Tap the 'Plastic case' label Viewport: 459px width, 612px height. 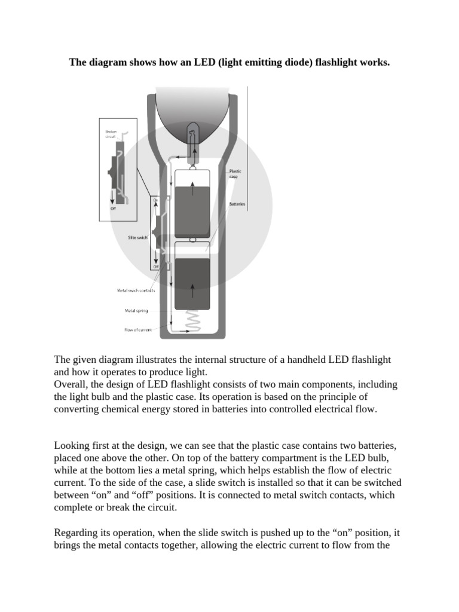pyautogui.click(x=235, y=174)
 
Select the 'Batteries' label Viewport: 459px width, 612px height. pyautogui.click(x=237, y=204)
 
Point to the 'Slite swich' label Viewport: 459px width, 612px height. pyautogui.click(x=137, y=237)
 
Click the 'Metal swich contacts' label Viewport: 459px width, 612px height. pyautogui.click(x=136, y=291)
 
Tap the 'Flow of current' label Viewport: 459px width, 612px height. pyautogui.click(x=138, y=329)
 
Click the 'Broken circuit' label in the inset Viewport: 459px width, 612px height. pyautogui.click(x=112, y=133)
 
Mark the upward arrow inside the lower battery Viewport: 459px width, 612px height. pyautogui.click(x=192, y=291)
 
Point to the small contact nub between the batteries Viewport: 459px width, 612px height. pyautogui.click(x=192, y=240)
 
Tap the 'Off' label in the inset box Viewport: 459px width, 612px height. pyautogui.click(x=112, y=209)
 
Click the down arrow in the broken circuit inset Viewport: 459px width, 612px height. pyautogui.click(x=111, y=198)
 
